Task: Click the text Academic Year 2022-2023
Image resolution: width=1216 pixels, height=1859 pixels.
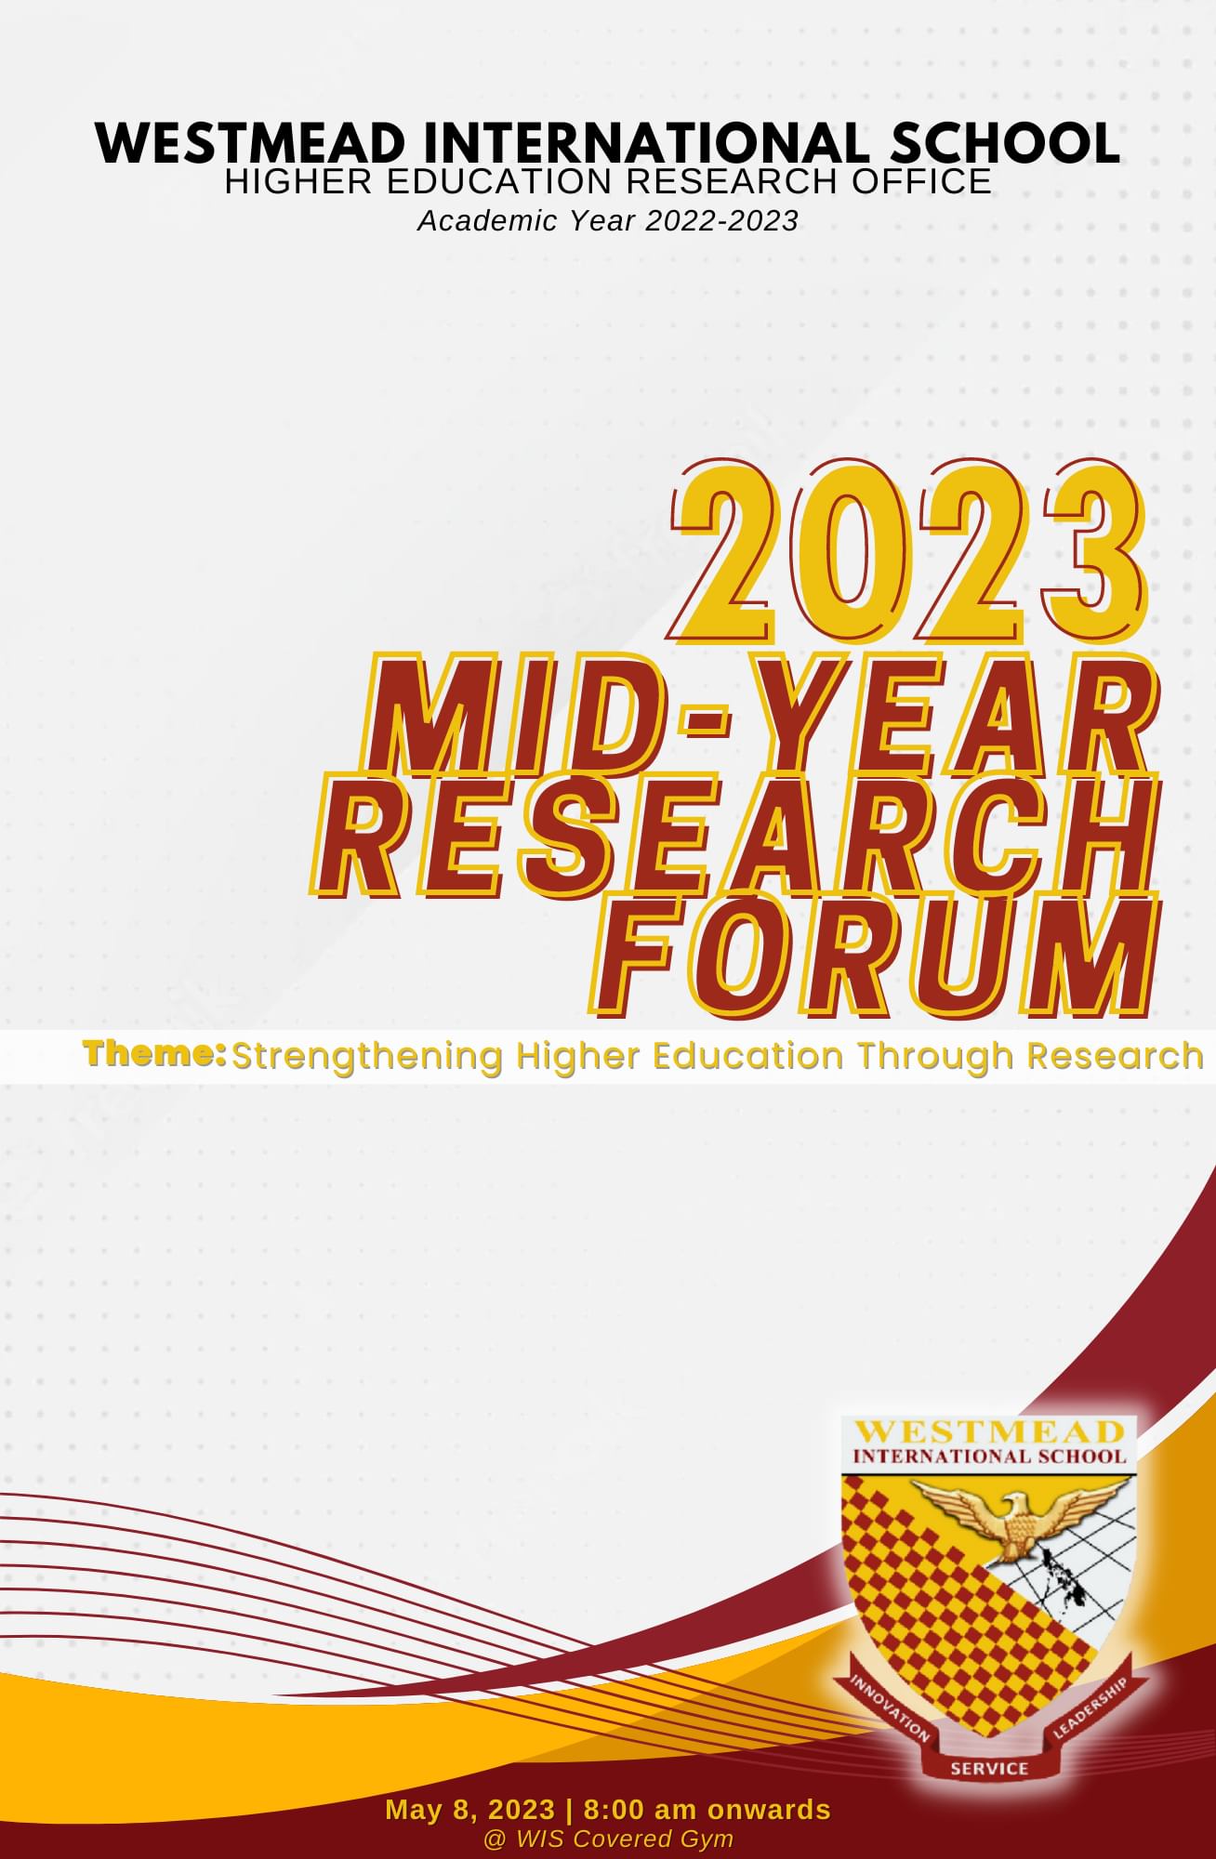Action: pyautogui.click(x=608, y=221)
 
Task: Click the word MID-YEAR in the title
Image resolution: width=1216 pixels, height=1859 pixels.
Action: pyautogui.click(x=762, y=714)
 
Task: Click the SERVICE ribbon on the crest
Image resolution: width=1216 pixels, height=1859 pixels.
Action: pyautogui.click(x=989, y=1768)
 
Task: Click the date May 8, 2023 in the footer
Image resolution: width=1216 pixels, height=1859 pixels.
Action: pyautogui.click(x=470, y=1810)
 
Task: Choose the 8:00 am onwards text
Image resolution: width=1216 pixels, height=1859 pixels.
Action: pyautogui.click(x=707, y=1810)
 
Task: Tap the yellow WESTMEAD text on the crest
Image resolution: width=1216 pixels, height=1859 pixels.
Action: pyautogui.click(x=988, y=1431)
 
